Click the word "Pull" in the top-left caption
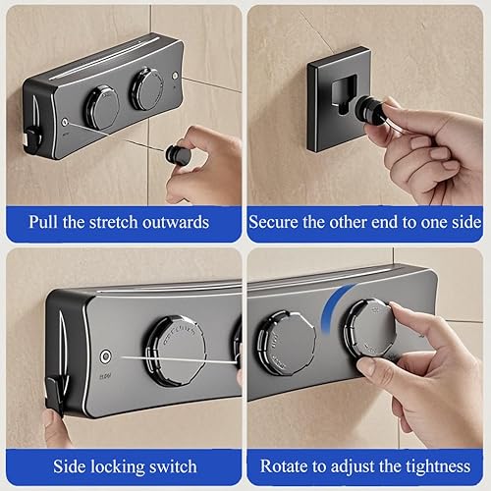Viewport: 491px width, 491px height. point(43,222)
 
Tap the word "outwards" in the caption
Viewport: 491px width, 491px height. point(176,222)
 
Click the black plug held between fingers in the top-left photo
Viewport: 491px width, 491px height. point(176,153)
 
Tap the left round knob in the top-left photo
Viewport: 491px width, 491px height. point(102,104)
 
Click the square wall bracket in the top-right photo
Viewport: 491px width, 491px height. point(340,99)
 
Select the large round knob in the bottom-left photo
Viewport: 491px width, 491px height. point(176,351)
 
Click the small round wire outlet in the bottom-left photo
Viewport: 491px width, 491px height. point(105,356)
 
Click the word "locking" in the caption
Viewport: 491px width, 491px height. point(118,466)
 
